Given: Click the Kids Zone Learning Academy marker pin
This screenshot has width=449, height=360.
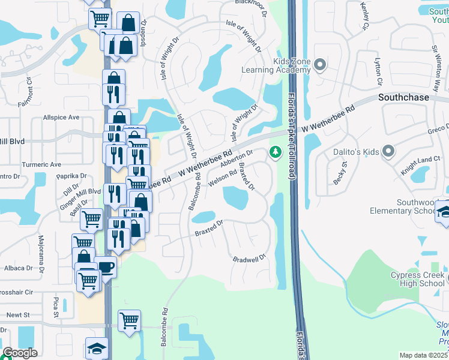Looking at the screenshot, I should coord(319,65).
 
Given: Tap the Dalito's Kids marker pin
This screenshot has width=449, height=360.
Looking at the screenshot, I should coord(388,152).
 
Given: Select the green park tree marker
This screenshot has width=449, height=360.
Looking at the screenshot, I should coord(276,152).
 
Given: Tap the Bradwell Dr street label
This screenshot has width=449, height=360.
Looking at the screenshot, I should coord(249,259).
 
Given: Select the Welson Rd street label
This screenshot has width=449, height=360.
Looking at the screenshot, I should coord(221,176).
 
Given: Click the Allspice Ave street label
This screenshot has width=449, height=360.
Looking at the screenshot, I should coord(61,118).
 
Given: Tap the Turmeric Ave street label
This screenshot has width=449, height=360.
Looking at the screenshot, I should coord(41,164).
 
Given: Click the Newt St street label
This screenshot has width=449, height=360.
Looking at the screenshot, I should coord(17,314).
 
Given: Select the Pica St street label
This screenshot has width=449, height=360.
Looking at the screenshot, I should coord(55,306).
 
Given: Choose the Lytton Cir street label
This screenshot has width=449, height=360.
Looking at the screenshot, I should coord(378,71).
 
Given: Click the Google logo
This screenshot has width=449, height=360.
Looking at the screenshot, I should coord(20,353).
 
